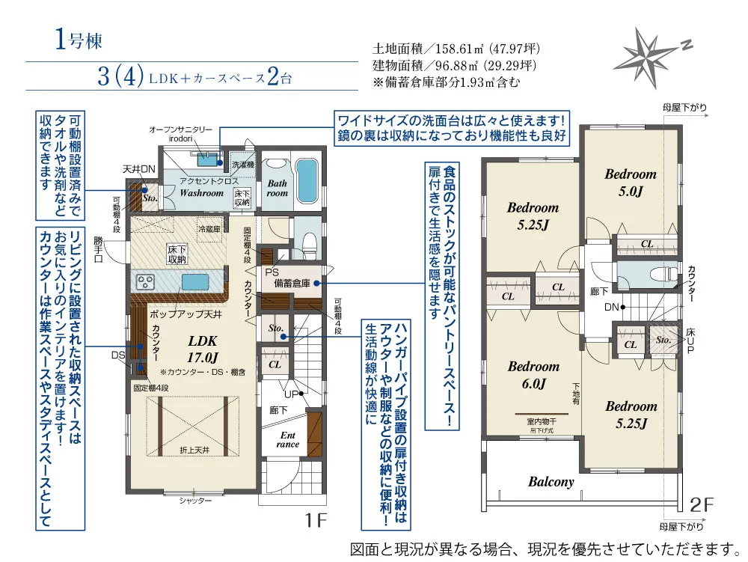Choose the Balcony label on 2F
click(x=551, y=482)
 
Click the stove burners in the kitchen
click(x=146, y=282)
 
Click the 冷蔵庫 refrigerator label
click(x=209, y=228)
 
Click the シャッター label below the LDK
click(x=195, y=501)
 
